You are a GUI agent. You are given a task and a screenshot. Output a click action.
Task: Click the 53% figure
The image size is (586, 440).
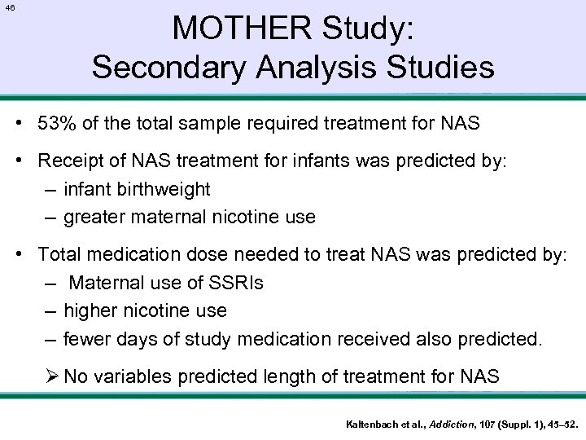[x=57, y=125]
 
